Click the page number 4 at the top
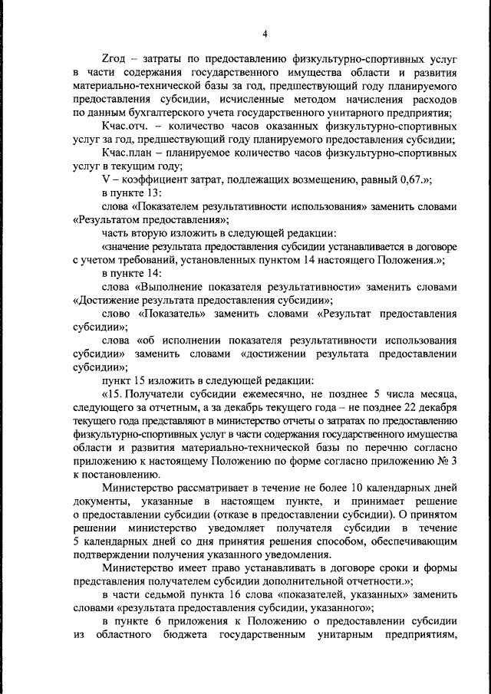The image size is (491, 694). pyautogui.click(x=264, y=34)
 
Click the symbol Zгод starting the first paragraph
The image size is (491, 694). pyautogui.click(x=114, y=59)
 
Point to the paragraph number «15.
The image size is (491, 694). pyautogui.click(x=113, y=393)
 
